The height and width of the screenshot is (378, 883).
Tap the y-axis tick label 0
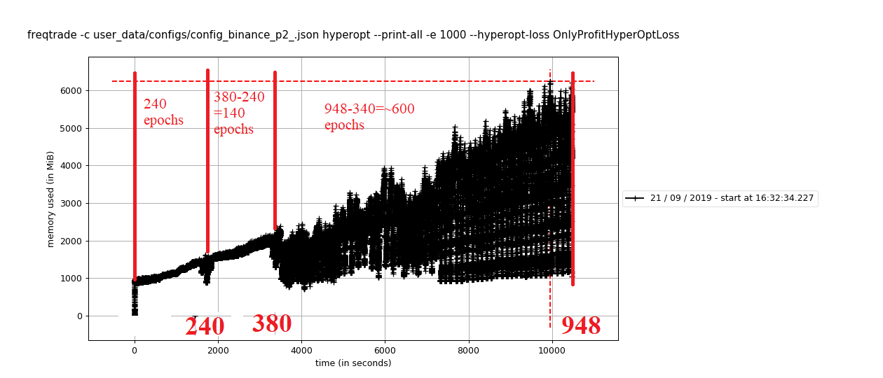[79, 316]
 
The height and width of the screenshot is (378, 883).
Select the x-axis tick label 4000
[301, 350]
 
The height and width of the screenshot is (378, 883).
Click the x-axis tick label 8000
[468, 350]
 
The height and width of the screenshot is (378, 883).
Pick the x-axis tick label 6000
[385, 350]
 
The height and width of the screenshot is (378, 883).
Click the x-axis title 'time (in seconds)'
[353, 363]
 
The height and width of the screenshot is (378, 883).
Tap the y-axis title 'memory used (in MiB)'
[50, 199]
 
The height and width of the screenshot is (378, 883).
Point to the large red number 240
[205, 326]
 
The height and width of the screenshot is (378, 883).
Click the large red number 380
[271, 323]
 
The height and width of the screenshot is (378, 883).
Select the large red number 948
[580, 325]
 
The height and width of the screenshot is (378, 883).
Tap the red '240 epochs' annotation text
[163, 112]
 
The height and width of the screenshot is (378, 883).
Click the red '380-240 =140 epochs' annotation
[238, 113]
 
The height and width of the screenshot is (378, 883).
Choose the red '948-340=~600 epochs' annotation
[369, 117]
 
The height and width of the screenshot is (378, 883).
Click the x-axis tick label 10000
[552, 350]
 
